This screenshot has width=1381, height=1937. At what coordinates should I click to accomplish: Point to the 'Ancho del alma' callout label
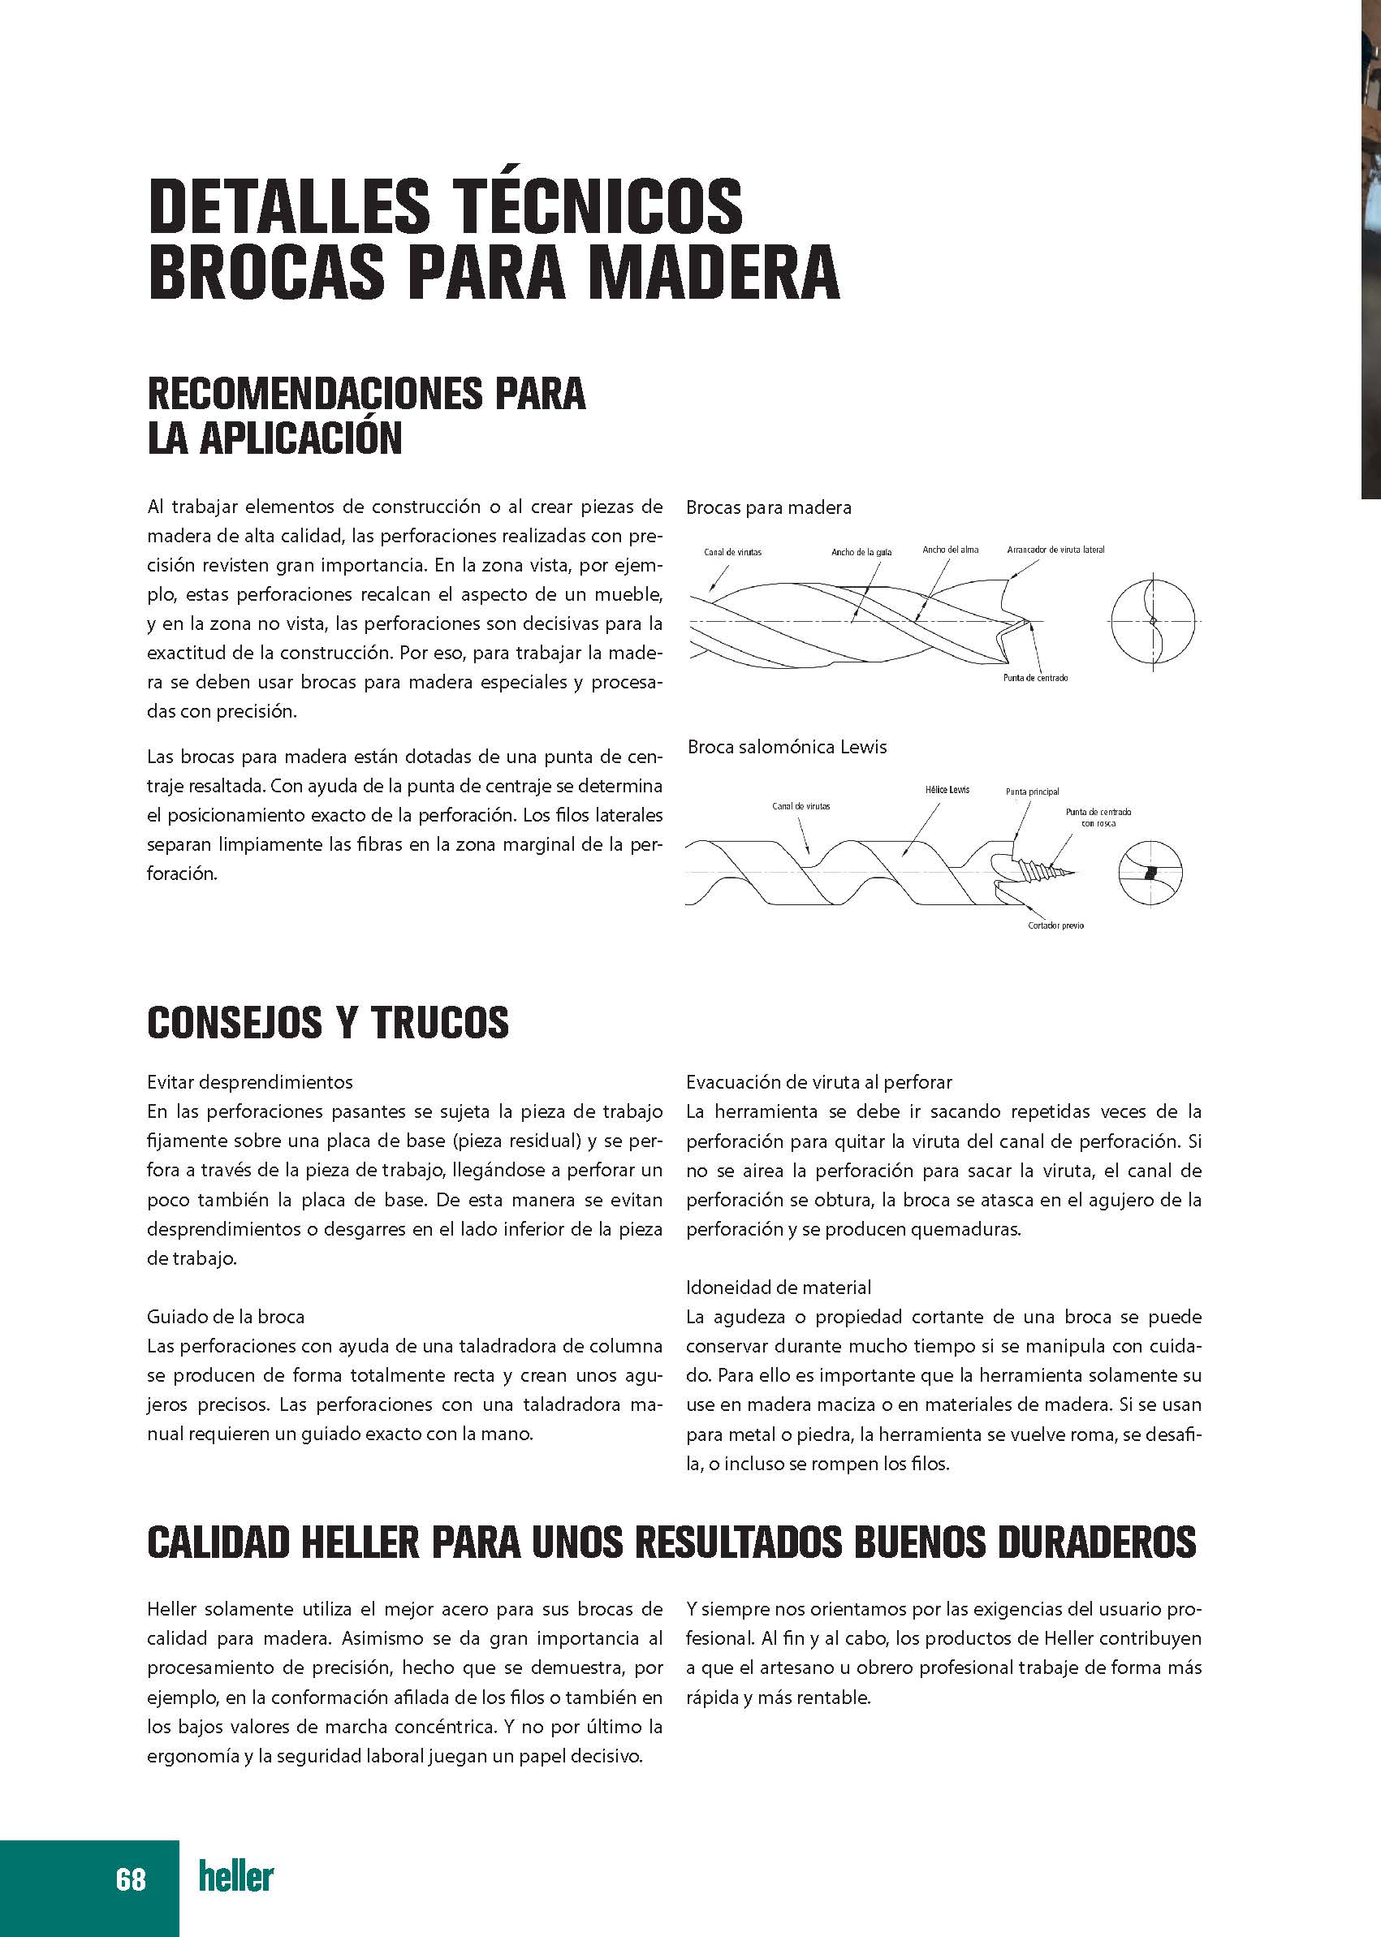pyautogui.click(x=950, y=550)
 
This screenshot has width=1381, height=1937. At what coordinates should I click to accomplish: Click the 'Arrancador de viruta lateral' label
pyautogui.click(x=1055, y=550)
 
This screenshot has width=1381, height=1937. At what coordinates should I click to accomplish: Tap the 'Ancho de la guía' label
pyautogui.click(x=861, y=553)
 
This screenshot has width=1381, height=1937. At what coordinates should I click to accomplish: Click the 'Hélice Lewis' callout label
pyautogui.click(x=947, y=790)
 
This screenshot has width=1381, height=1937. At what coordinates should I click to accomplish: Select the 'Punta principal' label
pyautogui.click(x=1032, y=792)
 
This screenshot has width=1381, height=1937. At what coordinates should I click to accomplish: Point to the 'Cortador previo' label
pyautogui.click(x=1055, y=925)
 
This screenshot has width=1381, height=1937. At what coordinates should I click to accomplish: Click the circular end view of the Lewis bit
pyautogui.click(x=1150, y=874)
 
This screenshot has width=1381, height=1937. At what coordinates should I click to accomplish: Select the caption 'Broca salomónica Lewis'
pyautogui.click(x=787, y=748)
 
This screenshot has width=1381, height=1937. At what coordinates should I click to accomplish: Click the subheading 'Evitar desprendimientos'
pyautogui.click(x=249, y=1082)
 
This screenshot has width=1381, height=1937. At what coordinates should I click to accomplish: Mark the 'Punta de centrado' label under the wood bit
pyautogui.click(x=1035, y=678)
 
